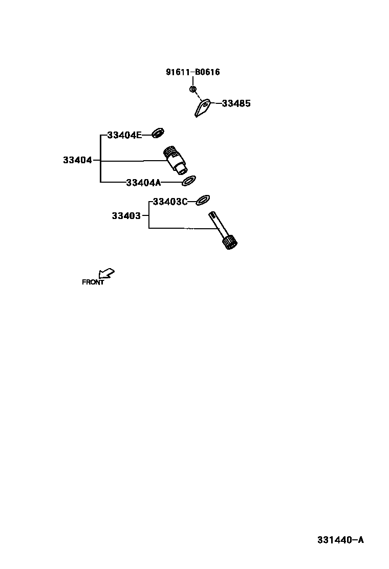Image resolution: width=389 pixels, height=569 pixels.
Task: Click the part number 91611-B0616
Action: pyautogui.click(x=192, y=72)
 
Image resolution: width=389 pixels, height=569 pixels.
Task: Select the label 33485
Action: pyautogui.click(x=236, y=103)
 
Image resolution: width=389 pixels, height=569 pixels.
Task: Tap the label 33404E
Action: pyautogui.click(x=124, y=135)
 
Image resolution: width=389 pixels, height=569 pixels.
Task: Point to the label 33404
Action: pyautogui.click(x=77, y=160)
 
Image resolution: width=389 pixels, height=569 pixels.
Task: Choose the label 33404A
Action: pyautogui.click(x=143, y=182)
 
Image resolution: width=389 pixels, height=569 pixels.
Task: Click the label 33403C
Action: pyautogui.click(x=170, y=202)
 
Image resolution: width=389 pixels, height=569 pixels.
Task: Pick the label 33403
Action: pyautogui.click(x=126, y=216)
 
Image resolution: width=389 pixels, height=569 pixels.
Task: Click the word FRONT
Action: pyautogui.click(x=93, y=282)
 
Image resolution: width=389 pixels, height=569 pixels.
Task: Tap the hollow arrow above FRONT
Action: pyautogui.click(x=106, y=273)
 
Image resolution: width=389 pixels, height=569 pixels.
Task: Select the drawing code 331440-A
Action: pyautogui.click(x=340, y=540)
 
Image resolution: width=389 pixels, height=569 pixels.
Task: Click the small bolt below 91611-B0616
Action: pyautogui.click(x=193, y=90)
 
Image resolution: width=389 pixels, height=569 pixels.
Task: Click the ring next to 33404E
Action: pyautogui.click(x=158, y=134)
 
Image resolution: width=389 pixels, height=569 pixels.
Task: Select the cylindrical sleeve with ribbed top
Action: pyautogui.click(x=175, y=159)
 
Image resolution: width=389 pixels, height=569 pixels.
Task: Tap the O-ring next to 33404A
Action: pyautogui.click(x=188, y=180)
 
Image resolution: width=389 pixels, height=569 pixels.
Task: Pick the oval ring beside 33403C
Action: pyautogui.click(x=203, y=199)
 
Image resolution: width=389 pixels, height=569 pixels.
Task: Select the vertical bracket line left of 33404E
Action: pyautogui.click(x=100, y=159)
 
